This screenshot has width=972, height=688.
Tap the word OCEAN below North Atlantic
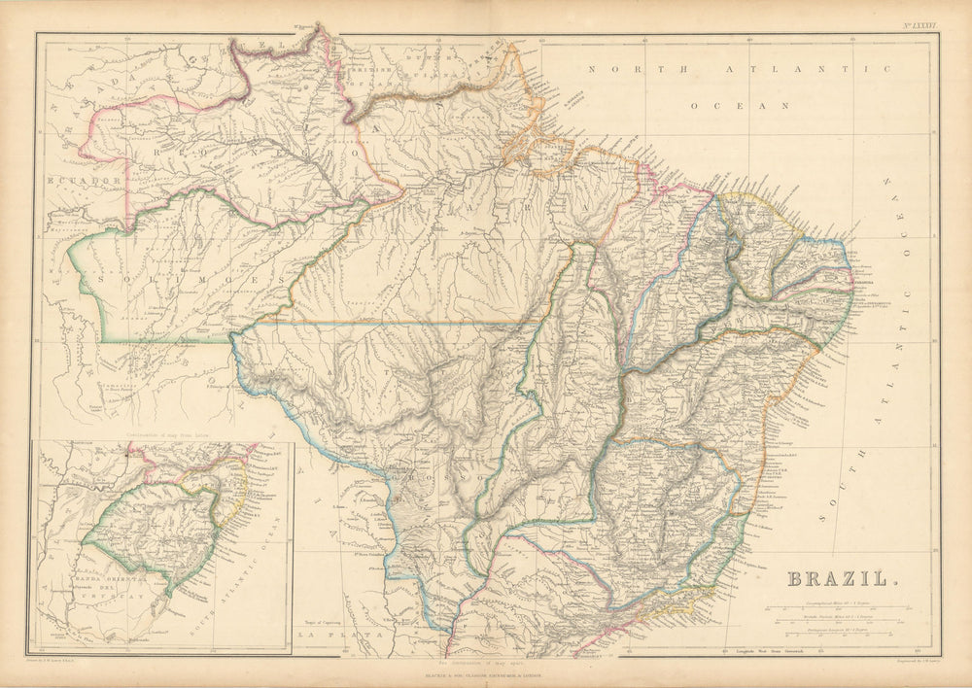click(738, 103)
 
